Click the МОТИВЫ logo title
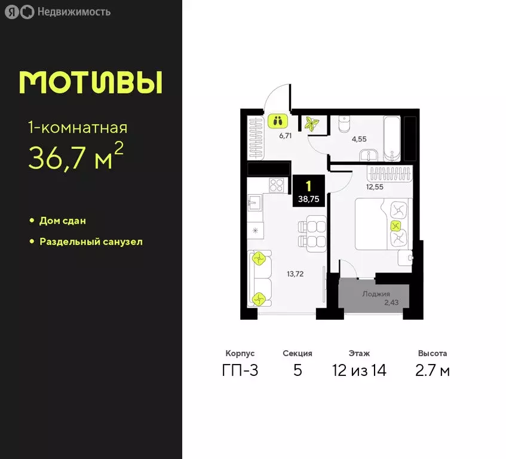pos(91,82)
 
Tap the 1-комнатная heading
pos(78,127)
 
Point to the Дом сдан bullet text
pos(63,221)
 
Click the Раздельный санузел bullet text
pos(91,242)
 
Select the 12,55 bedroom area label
pos(375,186)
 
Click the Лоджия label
pos(376,294)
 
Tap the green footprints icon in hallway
pos(277,121)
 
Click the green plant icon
pos(311,124)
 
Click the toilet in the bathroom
pos(345,124)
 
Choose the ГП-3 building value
pos(241,371)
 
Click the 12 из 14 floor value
pos(359,371)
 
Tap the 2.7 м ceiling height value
pos(433,371)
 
